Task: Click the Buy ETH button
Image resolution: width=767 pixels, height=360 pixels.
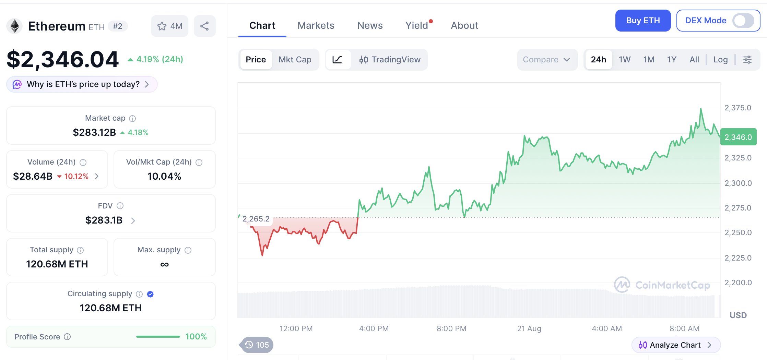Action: pyautogui.click(x=643, y=21)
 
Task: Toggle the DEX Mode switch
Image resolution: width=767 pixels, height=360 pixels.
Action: pyautogui.click(x=743, y=21)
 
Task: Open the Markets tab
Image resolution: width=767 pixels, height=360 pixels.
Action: pyautogui.click(x=316, y=25)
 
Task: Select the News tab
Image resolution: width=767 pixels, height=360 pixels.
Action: pyautogui.click(x=370, y=25)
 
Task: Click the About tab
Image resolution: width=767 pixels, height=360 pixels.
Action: pyautogui.click(x=464, y=25)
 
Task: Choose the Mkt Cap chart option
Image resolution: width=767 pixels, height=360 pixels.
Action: pyautogui.click(x=295, y=60)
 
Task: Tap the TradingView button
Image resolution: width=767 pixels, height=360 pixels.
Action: pyautogui.click(x=390, y=60)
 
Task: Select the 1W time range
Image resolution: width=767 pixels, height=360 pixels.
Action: pyautogui.click(x=625, y=60)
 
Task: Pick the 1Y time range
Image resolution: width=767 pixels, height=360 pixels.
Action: pyautogui.click(x=672, y=60)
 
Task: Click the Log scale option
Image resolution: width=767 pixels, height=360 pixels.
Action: pyautogui.click(x=720, y=60)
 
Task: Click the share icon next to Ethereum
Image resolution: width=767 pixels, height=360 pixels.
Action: pyautogui.click(x=205, y=26)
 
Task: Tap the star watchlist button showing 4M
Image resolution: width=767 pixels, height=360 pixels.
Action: pyautogui.click(x=169, y=26)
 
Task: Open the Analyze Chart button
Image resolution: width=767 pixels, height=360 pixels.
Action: pyautogui.click(x=676, y=345)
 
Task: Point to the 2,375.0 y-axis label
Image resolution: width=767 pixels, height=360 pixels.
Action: pyautogui.click(x=738, y=108)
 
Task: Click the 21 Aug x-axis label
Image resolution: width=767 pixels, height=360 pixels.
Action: pyautogui.click(x=529, y=328)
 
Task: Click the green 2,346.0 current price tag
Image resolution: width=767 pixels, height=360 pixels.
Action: pyautogui.click(x=738, y=137)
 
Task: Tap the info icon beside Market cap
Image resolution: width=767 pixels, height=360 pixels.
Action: pyautogui.click(x=132, y=119)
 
